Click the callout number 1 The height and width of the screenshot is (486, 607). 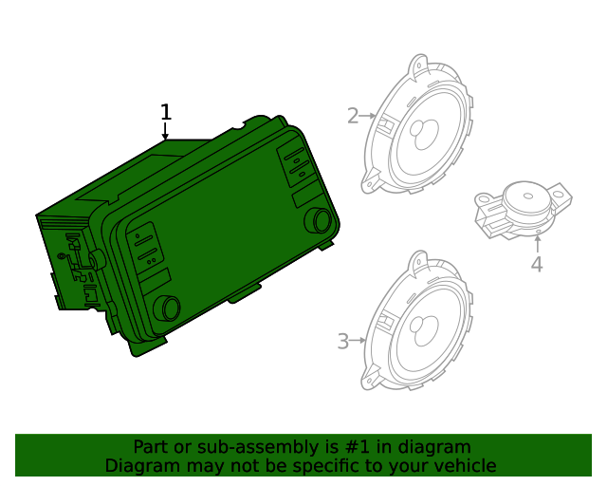click(166, 113)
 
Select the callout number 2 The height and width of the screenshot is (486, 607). click(353, 116)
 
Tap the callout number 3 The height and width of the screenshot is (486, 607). click(343, 340)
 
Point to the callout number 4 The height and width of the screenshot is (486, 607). click(537, 264)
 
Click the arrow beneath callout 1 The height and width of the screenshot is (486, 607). click(166, 133)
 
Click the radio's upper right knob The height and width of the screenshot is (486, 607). click(318, 221)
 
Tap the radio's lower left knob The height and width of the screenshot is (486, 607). click(166, 307)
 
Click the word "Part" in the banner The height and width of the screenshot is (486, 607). click(151, 447)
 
